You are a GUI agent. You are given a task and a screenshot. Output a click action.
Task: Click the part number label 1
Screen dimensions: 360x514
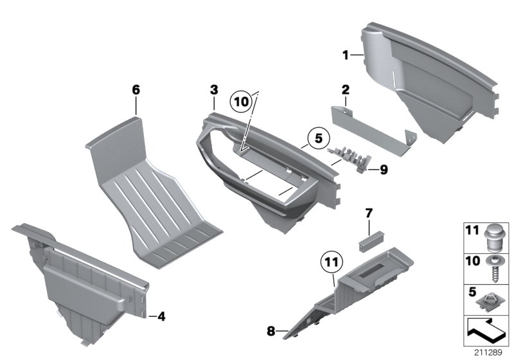click(x=345, y=56)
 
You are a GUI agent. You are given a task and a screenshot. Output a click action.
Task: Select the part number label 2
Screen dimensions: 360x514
click(x=345, y=90)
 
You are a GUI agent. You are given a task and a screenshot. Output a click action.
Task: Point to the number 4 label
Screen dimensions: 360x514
click(x=161, y=316)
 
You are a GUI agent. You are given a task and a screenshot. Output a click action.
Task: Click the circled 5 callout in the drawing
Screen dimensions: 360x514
click(x=315, y=137)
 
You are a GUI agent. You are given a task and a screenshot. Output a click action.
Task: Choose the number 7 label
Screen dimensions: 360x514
click(x=369, y=212)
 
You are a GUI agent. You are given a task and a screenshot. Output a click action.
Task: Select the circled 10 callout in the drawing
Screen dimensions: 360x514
click(x=240, y=102)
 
